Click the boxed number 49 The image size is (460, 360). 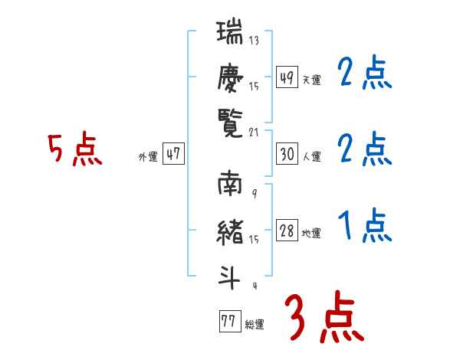(287, 77)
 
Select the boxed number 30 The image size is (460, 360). (287, 154)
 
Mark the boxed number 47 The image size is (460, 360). (173, 154)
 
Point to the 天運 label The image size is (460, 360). (311, 80)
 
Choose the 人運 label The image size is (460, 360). (311, 156)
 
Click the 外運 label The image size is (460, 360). (148, 156)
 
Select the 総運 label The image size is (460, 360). (255, 324)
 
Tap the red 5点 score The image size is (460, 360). (74, 150)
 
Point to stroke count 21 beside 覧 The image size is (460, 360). (254, 133)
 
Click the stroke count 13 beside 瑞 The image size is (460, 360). (254, 41)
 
